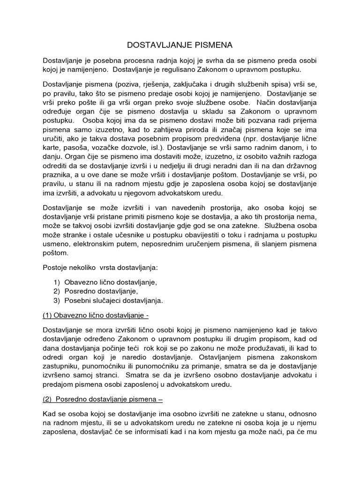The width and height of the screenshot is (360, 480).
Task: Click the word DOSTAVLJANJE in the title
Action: (157, 45)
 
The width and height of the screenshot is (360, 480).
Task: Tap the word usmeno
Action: (56, 244)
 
